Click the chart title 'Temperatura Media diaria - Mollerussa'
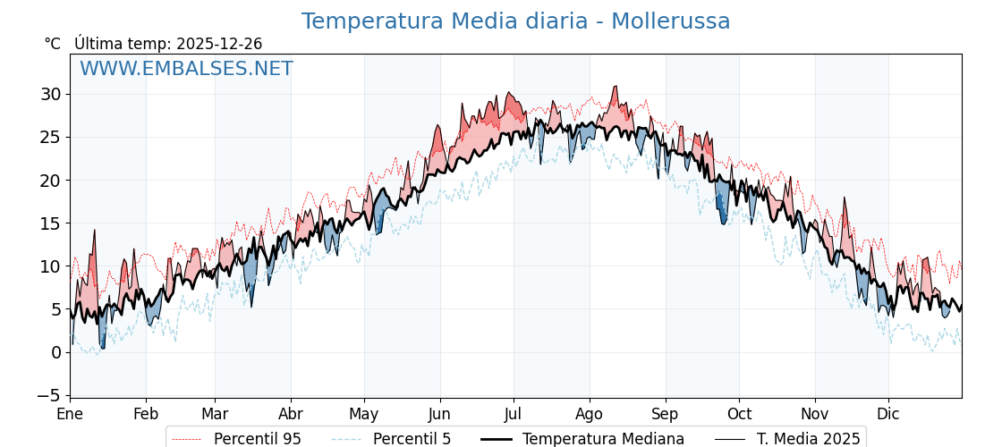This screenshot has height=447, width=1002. point(515,21)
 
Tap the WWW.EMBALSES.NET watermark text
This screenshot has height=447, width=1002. point(186,69)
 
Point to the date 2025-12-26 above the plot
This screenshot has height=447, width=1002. point(219,44)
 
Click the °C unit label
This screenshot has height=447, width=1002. point(53,44)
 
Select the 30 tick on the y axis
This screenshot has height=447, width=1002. point(50,94)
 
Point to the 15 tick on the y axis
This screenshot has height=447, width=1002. point(50,223)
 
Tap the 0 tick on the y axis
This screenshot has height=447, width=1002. point(55,352)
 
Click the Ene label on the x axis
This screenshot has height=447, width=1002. point(70,414)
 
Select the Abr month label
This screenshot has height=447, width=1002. point(291,414)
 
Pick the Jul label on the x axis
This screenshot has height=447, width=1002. point(514,414)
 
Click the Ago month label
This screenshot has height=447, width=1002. point(590,414)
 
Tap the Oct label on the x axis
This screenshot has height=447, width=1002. point(739,414)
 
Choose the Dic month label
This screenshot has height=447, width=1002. point(888,414)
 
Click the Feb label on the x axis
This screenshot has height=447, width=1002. point(146,414)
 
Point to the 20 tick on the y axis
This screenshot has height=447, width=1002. point(50,181)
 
